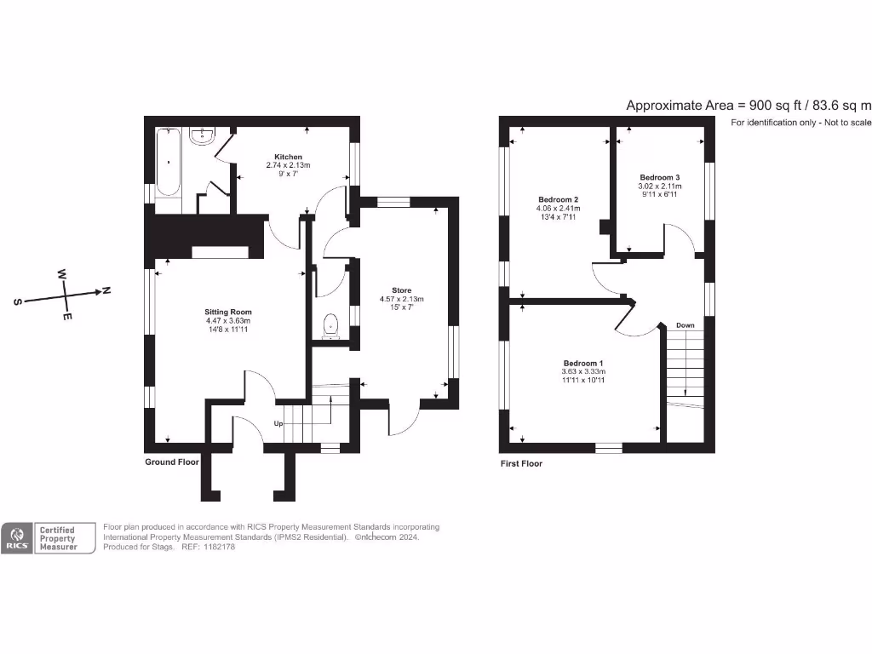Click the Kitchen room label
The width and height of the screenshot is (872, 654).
click(288, 157)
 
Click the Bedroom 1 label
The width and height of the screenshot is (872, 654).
click(582, 363)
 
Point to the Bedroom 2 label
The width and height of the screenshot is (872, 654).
click(558, 198)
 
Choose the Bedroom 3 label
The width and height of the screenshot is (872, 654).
click(660, 176)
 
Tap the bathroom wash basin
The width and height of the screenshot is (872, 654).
click(203, 136)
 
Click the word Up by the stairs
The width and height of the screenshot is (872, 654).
click(278, 423)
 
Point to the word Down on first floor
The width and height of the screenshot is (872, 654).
click(685, 325)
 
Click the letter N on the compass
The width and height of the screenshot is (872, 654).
click(106, 290)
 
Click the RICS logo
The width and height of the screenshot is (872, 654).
click(16, 538)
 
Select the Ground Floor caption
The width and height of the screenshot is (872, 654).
click(172, 462)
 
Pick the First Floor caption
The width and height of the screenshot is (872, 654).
click(521, 464)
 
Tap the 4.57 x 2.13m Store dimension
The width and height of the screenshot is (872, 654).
click(401, 299)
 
